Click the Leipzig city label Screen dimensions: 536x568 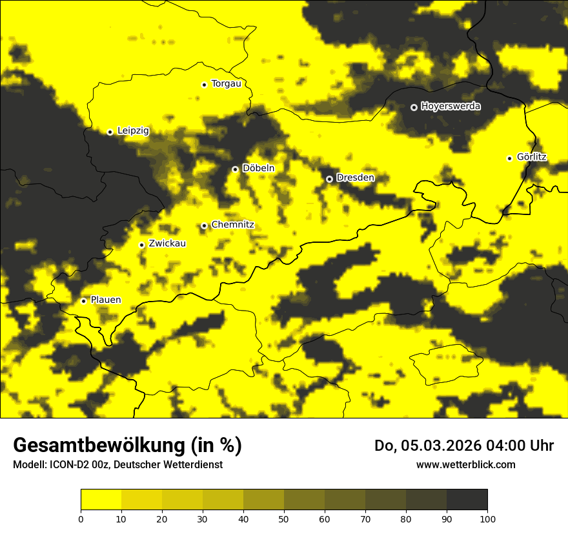click(x=133, y=131)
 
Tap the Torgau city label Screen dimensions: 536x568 click(x=226, y=84)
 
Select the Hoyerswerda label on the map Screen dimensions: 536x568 click(x=451, y=107)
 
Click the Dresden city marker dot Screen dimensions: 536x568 click(x=329, y=179)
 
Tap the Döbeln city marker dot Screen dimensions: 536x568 click(x=235, y=169)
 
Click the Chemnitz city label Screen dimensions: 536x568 click(x=232, y=225)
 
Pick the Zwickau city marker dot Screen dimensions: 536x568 click(x=141, y=245)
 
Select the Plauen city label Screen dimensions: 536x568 click(x=105, y=300)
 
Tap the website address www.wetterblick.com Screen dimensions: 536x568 click(x=465, y=464)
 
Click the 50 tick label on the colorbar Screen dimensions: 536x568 click(x=284, y=519)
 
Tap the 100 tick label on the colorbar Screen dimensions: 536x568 click(x=487, y=519)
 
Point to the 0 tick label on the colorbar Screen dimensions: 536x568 click(x=81, y=519)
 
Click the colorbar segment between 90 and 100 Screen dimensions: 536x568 click(x=467, y=499)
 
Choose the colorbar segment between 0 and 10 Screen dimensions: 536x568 click(x=101, y=499)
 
